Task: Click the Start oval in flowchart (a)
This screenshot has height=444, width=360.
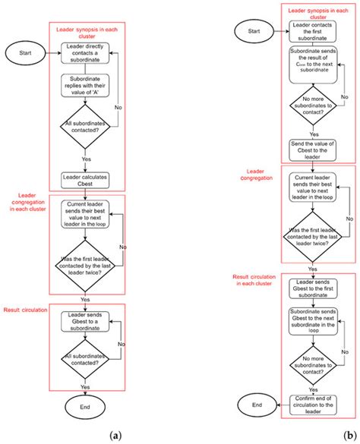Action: point(25,53)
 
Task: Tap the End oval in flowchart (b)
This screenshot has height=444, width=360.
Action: point(258,405)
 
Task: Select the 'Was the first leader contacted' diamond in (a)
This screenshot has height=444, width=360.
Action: point(86,266)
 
